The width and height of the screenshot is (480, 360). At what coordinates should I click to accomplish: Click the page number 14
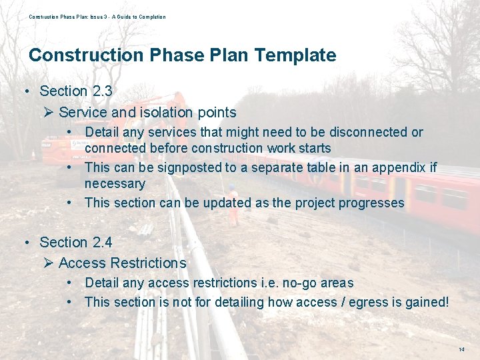[461, 350]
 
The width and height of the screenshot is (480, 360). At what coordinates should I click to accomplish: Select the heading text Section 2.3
[75, 91]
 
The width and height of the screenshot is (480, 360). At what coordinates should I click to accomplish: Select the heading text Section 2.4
[75, 243]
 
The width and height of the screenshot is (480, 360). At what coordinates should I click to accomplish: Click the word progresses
[371, 203]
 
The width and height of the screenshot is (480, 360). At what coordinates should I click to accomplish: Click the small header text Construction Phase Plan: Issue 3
[73, 17]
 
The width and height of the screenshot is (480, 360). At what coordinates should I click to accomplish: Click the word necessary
[115, 183]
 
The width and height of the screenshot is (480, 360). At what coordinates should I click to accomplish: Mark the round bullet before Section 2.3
[25, 91]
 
